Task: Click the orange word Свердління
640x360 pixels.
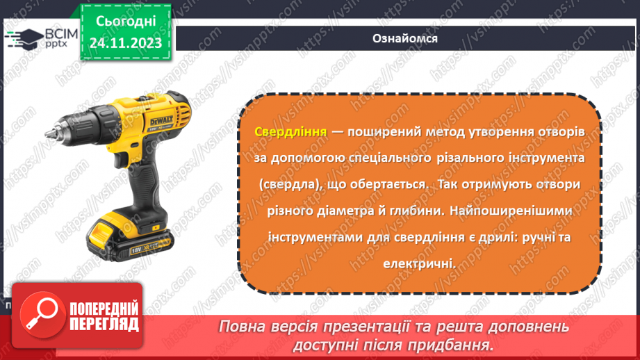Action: pos(280,132)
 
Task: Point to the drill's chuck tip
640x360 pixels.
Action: pos(48,130)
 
